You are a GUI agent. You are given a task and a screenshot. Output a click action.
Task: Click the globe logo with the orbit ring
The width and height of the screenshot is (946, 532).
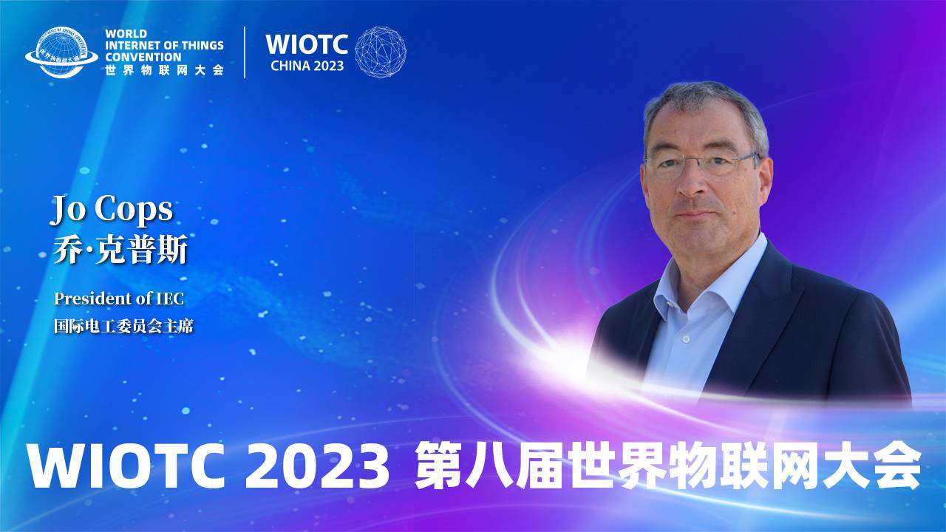click(61, 52)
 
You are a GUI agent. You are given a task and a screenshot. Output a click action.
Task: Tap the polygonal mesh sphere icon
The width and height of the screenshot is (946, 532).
click(381, 52)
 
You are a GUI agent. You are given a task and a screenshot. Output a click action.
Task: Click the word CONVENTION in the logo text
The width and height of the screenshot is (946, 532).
click(143, 57)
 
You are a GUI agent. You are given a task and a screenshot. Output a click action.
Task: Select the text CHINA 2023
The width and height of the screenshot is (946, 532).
click(307, 65)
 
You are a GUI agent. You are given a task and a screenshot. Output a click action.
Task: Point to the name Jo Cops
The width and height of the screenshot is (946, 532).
click(111, 210)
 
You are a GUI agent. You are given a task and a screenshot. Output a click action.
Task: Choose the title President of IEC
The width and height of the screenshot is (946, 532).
click(118, 299)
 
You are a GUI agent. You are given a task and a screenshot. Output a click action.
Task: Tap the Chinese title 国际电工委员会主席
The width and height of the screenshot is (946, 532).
click(123, 326)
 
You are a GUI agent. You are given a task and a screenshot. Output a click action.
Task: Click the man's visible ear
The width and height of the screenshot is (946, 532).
click(765, 177)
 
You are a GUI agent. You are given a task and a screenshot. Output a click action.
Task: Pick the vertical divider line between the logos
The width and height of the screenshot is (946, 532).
click(245, 52)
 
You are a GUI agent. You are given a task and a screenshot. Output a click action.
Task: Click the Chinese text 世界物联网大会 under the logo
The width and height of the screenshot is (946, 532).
click(164, 70)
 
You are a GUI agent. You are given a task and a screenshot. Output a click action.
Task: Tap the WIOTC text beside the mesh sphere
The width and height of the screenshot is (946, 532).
click(307, 44)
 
